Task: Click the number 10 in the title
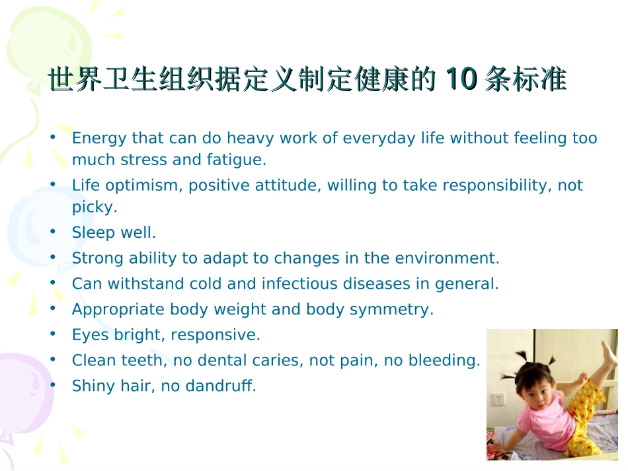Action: (461, 80)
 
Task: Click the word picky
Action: (94, 207)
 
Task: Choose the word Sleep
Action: (92, 233)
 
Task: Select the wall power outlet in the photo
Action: (498, 399)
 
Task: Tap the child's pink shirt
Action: (548, 423)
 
